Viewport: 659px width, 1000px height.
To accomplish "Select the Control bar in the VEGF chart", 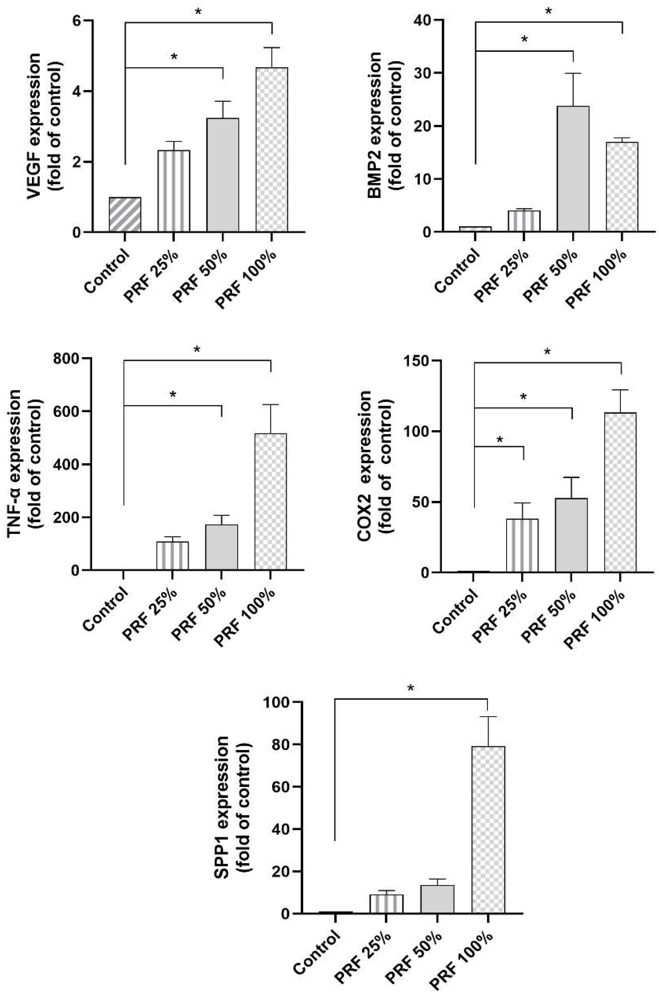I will point(125,214).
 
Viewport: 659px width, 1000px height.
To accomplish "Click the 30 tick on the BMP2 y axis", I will point(425,73).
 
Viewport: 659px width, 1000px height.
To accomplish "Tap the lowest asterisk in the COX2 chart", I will point(499,440).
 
